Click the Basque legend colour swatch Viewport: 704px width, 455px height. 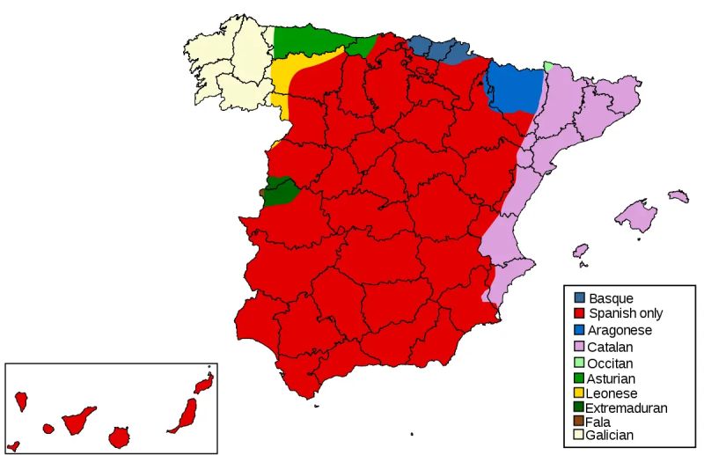coord(579,298)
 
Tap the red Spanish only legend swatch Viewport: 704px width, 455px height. coord(579,314)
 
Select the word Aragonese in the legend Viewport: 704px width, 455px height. coord(620,330)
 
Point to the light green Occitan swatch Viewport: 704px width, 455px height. coord(579,363)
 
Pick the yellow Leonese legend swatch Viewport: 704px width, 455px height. coord(579,393)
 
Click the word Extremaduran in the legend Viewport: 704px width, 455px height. coord(628,408)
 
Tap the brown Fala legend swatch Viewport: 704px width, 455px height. coord(579,422)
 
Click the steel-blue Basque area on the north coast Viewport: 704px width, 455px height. coord(440,49)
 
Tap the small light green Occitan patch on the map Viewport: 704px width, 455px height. coord(549,66)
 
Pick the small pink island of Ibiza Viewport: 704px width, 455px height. coord(580,253)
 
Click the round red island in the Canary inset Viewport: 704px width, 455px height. coord(119,437)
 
